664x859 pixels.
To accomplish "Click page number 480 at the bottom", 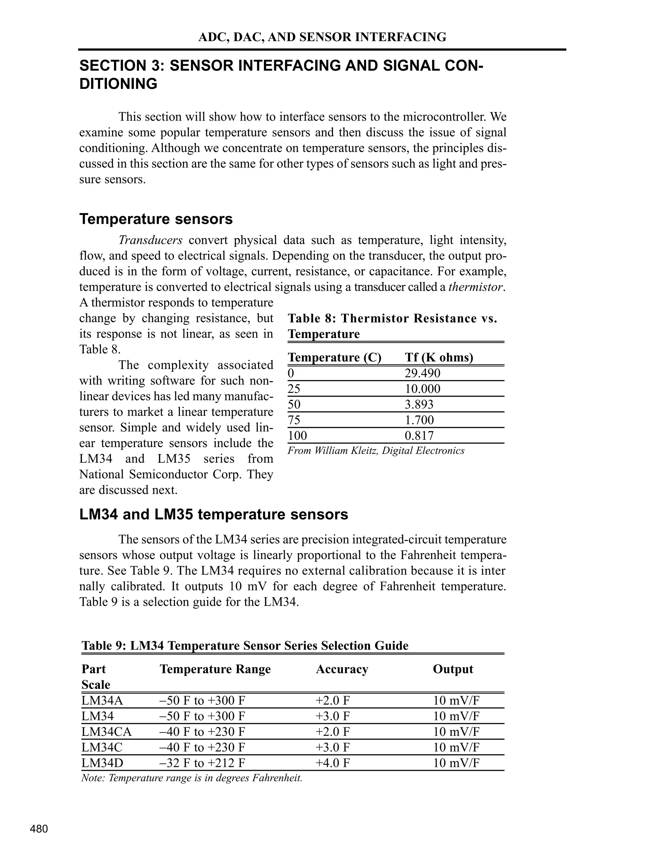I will tap(39, 829).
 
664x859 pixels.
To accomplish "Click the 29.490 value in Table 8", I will tap(422, 373).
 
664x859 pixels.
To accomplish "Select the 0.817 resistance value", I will tap(419, 436).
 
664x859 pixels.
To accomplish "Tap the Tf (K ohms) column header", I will tap(439, 358).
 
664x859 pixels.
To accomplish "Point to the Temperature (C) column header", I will tap(334, 358).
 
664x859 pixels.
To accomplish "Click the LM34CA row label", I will tap(106, 732).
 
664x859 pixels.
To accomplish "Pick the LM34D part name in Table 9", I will tap(102, 763).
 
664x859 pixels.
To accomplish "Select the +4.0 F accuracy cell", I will tap(332, 763).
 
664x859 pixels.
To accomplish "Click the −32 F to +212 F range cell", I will tap(202, 763).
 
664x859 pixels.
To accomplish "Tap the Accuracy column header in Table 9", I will tap(341, 669).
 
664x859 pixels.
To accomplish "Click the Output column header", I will tap(453, 669).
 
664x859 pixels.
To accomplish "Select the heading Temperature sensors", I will tap(156, 219).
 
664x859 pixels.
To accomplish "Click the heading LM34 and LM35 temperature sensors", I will tap(214, 514).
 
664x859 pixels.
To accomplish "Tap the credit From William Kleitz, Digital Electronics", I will tap(376, 451).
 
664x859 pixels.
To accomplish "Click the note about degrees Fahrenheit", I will tap(192, 778).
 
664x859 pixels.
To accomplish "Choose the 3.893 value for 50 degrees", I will tap(419, 404).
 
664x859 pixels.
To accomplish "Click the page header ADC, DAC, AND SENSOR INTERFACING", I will tap(322, 37).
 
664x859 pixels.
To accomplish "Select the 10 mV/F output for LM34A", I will tap(456, 700).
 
